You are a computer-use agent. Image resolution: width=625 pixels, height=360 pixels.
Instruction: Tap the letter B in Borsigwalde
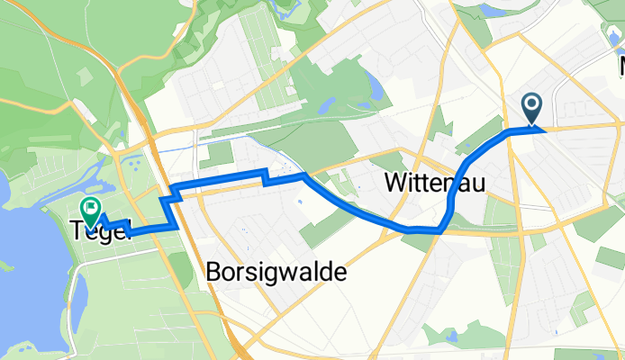213,271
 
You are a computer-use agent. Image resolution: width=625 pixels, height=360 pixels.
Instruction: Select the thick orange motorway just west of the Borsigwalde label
186,270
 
